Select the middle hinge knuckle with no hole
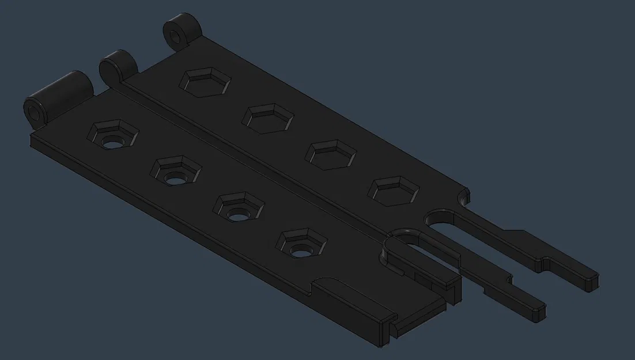[118, 66]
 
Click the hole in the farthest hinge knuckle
[175, 36]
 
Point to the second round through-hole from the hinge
[175, 178]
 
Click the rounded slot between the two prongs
[444, 222]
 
